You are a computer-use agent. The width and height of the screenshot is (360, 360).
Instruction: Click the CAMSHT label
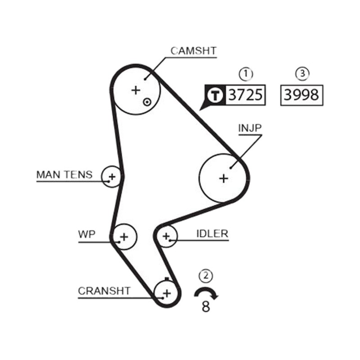193,51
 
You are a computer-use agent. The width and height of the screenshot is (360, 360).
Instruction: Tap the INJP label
250,128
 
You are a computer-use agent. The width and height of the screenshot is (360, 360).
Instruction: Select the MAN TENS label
64,175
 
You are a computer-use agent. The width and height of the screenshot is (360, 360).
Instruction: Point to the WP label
86,234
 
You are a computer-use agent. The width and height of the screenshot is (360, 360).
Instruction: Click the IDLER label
212,234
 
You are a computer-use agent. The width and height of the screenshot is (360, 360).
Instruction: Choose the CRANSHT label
104,291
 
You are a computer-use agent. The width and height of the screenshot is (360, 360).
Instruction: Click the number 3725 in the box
245,95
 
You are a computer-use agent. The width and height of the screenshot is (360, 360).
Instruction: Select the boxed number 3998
301,95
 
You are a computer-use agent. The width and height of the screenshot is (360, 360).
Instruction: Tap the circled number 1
246,74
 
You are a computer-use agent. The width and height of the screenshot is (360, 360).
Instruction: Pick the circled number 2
206,275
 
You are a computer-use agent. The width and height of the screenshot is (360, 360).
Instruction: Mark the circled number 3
302,74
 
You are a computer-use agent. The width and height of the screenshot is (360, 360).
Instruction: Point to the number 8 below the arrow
206,306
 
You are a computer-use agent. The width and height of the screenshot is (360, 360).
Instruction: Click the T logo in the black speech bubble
215,95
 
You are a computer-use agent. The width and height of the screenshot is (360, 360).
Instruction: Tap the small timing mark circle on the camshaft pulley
147,102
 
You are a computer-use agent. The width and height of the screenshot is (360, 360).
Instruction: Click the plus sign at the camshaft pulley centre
136,90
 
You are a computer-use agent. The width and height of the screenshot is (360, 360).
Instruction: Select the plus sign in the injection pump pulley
224,178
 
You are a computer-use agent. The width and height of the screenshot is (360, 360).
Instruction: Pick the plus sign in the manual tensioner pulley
112,177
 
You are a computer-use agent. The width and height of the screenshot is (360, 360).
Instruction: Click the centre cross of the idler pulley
166,236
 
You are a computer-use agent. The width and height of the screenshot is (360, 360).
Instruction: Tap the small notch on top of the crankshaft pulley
167,279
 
